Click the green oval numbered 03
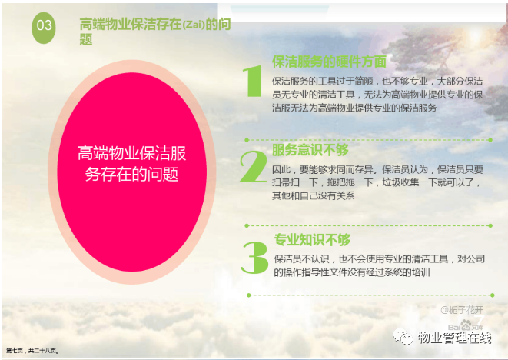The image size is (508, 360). pyautogui.click(x=43, y=28)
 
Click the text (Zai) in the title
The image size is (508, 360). pyautogui.click(x=194, y=25)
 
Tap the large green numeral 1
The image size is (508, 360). pyautogui.click(x=253, y=81)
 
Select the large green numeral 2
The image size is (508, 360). pyautogui.click(x=253, y=166)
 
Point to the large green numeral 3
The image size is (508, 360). pyautogui.click(x=254, y=257)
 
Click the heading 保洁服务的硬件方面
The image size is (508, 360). pyautogui.click(x=329, y=62)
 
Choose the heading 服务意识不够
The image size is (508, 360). pyautogui.click(x=310, y=150)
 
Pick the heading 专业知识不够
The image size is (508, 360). pyautogui.click(x=312, y=240)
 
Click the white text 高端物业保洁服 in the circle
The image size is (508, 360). pyautogui.click(x=132, y=153)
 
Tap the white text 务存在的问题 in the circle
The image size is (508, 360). pyautogui.click(x=131, y=174)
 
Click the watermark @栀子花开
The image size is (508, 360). pyautogui.click(x=462, y=310)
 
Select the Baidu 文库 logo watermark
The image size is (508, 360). pyautogui.click(x=466, y=325)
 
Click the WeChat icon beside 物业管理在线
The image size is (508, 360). pyautogui.click(x=403, y=337)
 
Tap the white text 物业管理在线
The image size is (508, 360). pyautogui.click(x=454, y=338)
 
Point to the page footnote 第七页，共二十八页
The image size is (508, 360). pyautogui.click(x=32, y=351)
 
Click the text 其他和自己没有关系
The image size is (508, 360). pyautogui.click(x=314, y=195)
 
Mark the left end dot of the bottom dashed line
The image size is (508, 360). pyautogui.click(x=249, y=295)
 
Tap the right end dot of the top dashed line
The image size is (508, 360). pyautogui.click(x=490, y=140)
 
